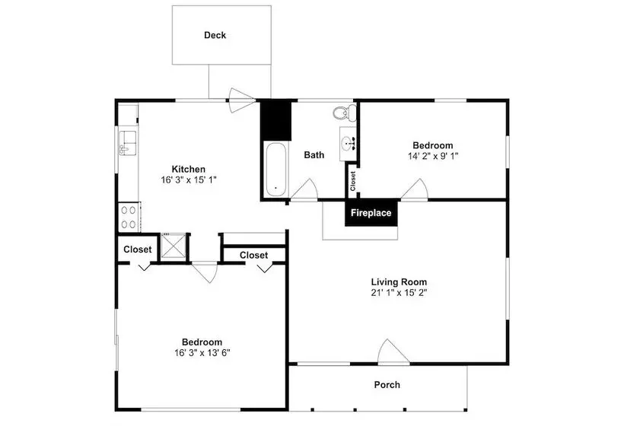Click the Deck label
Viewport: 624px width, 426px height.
coord(215,35)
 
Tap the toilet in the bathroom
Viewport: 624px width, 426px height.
coord(345,112)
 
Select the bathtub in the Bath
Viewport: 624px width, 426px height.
coord(275,170)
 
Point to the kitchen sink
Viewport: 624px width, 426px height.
coord(128,142)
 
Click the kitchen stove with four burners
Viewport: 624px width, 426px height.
coord(129,217)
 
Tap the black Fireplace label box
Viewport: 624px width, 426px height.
coord(371,213)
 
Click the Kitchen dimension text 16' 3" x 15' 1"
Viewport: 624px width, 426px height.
coord(189,180)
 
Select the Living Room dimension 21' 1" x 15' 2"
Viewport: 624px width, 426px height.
coord(399,293)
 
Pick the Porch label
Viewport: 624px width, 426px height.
coord(387,385)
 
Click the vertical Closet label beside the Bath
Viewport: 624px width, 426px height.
coord(352,181)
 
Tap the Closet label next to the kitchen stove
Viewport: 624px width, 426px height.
coord(137,250)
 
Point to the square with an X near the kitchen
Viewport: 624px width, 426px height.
coord(173,246)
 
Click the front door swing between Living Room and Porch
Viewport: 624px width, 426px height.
coord(393,351)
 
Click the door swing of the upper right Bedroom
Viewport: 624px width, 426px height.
coord(414,189)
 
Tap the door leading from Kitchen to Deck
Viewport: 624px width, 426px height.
coord(242,100)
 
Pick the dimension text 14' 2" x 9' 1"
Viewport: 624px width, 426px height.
coord(433,156)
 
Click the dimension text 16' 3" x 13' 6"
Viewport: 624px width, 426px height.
coord(202,352)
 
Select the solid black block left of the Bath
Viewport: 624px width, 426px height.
coord(275,120)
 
